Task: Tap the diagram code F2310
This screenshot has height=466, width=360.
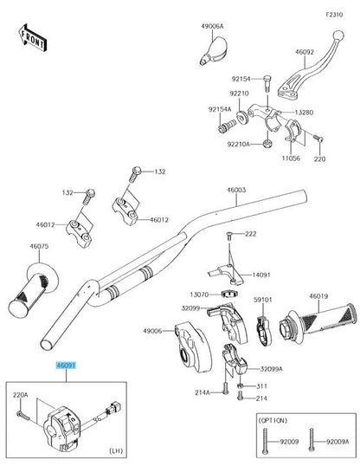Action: click(334, 16)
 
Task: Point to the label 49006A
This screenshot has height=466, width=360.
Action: click(213, 27)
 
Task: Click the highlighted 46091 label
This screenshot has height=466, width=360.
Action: click(67, 367)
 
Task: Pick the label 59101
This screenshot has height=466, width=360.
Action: click(263, 300)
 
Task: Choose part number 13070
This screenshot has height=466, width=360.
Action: click(200, 295)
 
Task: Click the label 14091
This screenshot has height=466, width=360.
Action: click(261, 275)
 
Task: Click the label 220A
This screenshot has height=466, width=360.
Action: click(20, 395)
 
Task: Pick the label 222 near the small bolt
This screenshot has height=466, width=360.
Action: click(251, 234)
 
